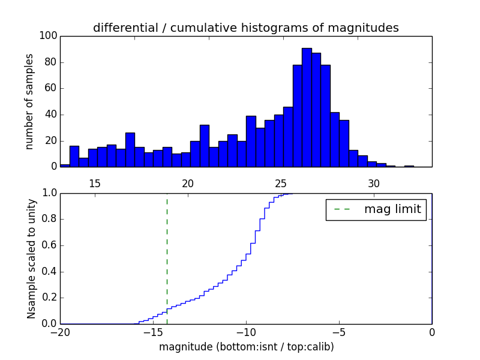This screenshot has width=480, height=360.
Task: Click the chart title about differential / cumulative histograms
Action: (x=245, y=28)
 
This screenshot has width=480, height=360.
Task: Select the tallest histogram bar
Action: (x=307, y=108)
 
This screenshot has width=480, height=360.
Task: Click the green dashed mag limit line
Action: (x=167, y=258)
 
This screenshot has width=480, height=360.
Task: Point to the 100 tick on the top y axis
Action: (x=49, y=36)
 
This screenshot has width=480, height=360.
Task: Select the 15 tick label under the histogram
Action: (x=95, y=183)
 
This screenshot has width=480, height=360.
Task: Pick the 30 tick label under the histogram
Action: (x=374, y=183)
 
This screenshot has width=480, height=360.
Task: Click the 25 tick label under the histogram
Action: (x=281, y=183)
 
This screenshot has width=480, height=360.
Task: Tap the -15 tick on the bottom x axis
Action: (x=153, y=332)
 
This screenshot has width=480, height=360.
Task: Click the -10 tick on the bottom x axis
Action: (x=246, y=332)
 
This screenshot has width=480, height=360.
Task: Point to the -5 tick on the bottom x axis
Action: (x=339, y=332)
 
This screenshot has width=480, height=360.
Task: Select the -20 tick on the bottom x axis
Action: (x=60, y=332)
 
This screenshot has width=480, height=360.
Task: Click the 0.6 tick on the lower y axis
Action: (x=49, y=245)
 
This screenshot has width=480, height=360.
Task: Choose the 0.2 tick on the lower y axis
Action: (x=49, y=298)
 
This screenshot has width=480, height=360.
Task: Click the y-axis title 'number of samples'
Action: (x=29, y=101)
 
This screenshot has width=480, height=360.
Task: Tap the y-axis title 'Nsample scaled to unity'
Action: (x=31, y=259)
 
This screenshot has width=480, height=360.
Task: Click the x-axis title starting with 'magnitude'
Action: (x=246, y=347)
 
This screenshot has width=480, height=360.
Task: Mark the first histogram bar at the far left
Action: (x=65, y=165)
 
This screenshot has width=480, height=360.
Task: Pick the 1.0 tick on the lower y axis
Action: (x=49, y=193)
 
